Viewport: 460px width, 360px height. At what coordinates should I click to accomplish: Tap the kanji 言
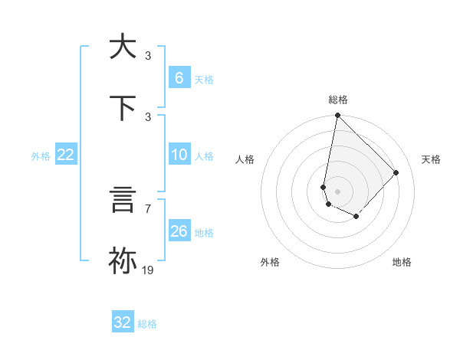point(123,199)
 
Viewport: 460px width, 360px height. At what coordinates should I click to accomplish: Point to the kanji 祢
point(123,260)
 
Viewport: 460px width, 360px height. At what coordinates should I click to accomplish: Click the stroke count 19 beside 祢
point(148,270)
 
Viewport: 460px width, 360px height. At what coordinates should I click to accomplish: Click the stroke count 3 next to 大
point(148,55)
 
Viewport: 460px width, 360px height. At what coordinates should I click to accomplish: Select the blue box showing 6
point(179,78)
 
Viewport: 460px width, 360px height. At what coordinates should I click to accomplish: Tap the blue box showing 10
point(179,155)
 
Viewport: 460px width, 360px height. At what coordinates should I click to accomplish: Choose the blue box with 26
point(179,231)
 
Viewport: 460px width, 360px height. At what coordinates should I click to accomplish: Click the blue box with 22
point(65,155)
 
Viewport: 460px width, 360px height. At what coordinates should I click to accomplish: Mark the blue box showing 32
point(123,322)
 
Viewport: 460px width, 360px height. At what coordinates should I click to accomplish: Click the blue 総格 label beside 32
point(147,324)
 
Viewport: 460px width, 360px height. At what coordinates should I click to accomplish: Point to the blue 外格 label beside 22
point(41,156)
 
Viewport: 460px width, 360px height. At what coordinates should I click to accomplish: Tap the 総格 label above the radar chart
point(338,100)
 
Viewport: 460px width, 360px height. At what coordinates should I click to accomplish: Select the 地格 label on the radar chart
point(402,262)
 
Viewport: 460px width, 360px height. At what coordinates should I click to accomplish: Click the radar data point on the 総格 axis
point(337,116)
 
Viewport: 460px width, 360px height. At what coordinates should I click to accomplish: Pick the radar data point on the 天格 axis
point(396,172)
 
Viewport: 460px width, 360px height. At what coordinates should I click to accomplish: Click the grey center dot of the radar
point(337,191)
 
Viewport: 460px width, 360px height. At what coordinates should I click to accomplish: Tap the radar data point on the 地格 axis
point(356,217)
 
